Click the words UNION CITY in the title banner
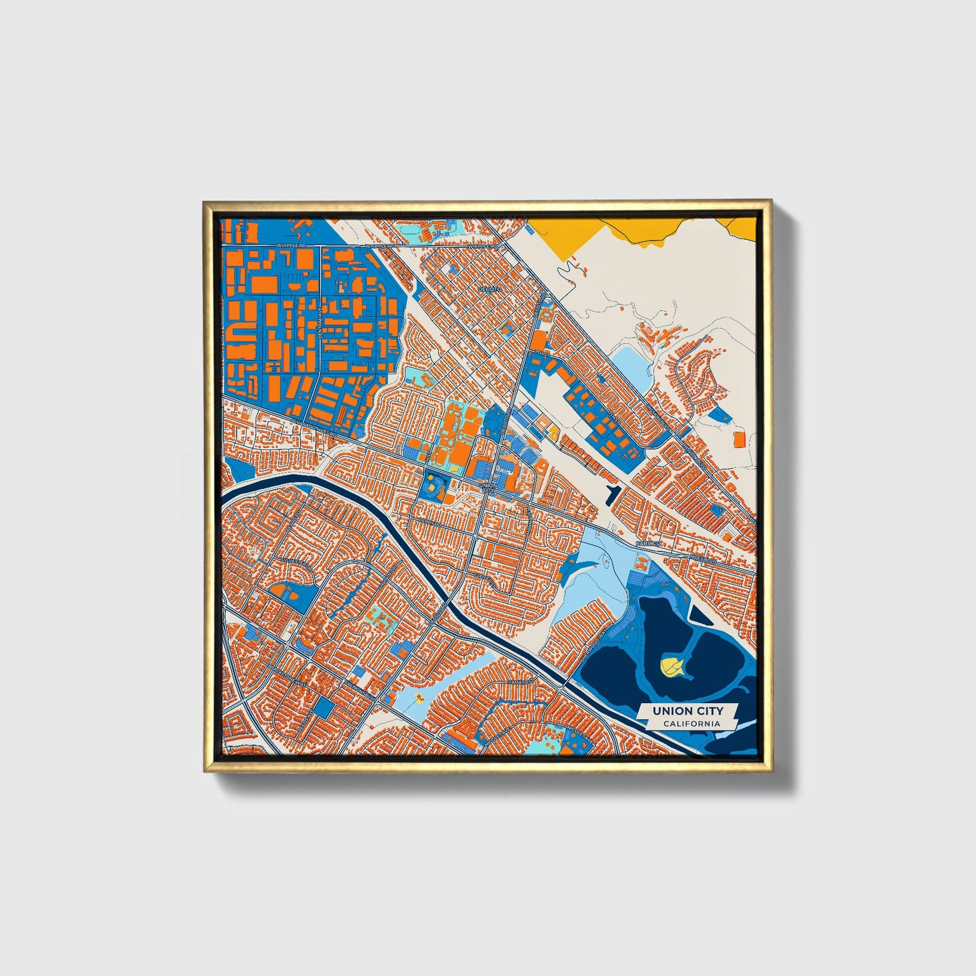coord(687,711)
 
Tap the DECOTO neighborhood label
coord(490,288)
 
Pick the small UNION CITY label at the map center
coord(487,488)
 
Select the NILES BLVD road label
coord(704,559)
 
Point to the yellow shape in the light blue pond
coord(419,695)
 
